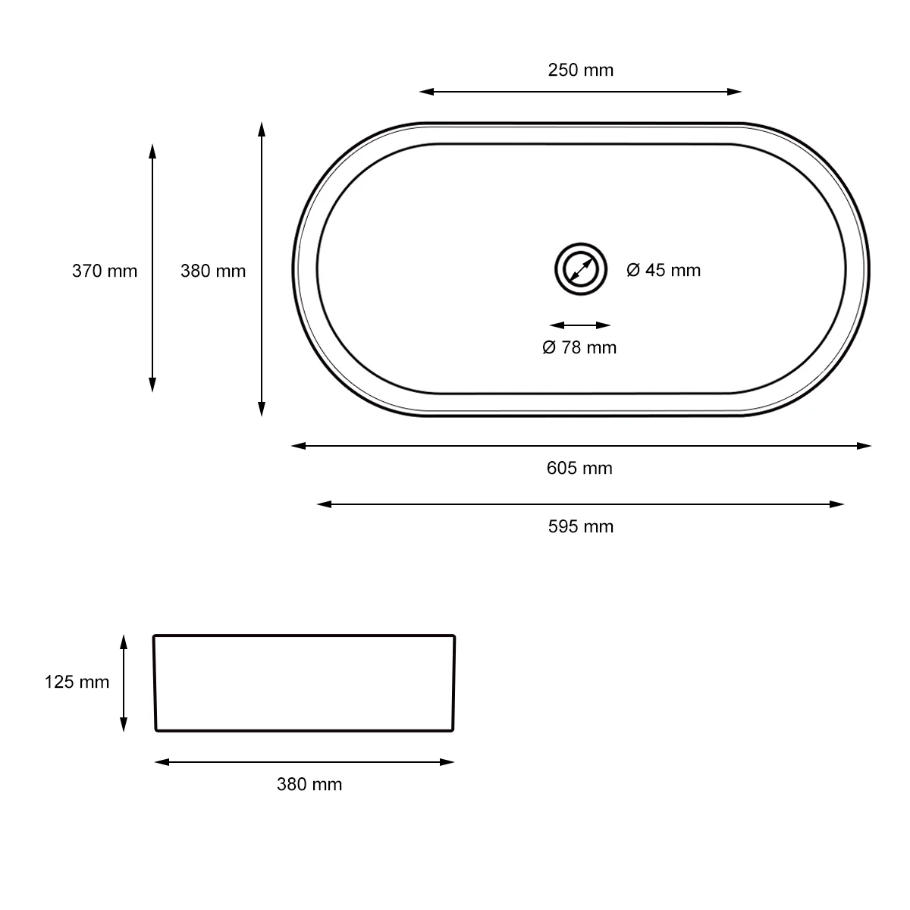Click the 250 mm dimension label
coord(580,70)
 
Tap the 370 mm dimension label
coord(105,271)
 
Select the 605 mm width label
coord(579,468)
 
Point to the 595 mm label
coord(580,526)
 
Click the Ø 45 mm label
coord(664,270)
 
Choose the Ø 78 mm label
coord(579,347)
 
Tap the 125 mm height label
coord(77,682)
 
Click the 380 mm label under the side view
coord(309,784)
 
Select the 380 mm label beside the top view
coord(213,271)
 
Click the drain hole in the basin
coord(581,269)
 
